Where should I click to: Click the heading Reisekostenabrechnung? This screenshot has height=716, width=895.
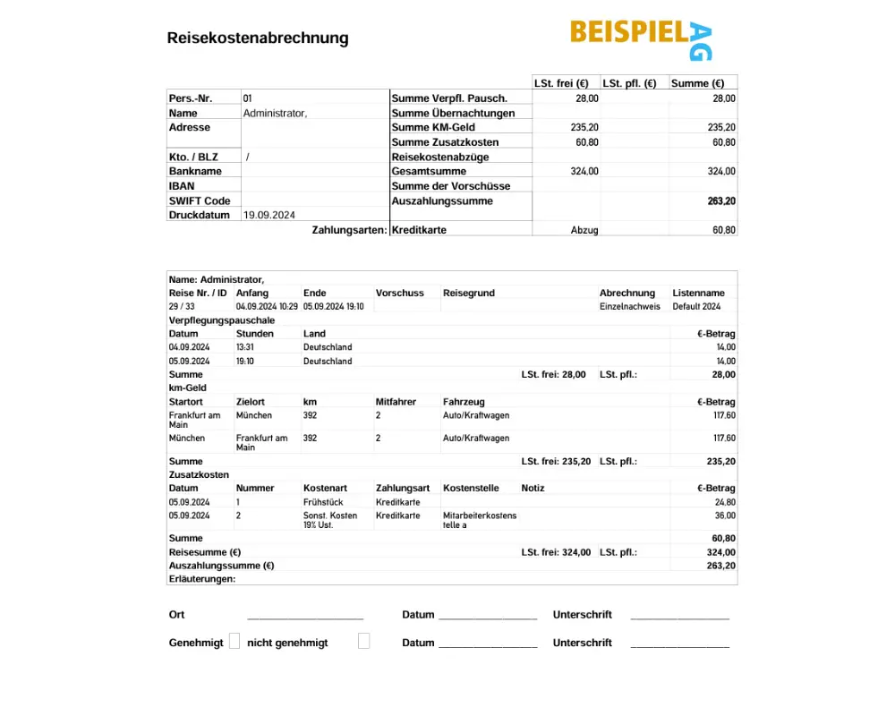[258, 38]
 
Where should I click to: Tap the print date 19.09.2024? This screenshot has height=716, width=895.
[269, 215]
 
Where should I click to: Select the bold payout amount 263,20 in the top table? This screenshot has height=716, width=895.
[721, 201]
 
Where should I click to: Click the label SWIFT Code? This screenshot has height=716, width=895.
[200, 200]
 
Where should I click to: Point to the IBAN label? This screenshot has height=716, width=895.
[182, 186]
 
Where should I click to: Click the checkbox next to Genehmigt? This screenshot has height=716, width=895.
[234, 642]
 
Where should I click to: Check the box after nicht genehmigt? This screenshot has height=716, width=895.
[363, 642]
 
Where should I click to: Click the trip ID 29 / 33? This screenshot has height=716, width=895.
[182, 306]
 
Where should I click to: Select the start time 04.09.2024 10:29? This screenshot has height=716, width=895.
[267, 306]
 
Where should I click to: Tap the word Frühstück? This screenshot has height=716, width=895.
[323, 502]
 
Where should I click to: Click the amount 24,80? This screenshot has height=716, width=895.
[725, 502]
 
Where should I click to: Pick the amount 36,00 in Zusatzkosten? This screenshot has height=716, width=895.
[725, 516]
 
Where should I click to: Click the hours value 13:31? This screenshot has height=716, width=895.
[245, 347]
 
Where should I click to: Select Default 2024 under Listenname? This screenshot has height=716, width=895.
[696, 306]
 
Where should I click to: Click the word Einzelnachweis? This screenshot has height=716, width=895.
[629, 306]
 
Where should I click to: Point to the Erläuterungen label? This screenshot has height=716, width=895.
[202, 579]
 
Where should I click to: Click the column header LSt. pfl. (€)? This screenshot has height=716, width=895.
[629, 83]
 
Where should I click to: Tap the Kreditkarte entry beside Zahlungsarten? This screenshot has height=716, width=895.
[419, 230]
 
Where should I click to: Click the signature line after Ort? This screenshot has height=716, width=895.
[305, 617]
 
